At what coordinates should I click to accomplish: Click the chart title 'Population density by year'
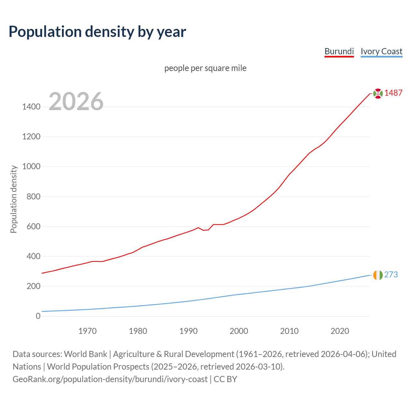[x=97, y=31]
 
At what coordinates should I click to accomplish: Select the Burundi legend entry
[x=339, y=51]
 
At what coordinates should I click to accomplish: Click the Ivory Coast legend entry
[x=381, y=51]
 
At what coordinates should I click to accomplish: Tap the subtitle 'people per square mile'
[x=205, y=68]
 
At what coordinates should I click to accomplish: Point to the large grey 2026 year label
[x=76, y=101]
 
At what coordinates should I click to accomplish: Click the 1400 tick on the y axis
[x=31, y=107]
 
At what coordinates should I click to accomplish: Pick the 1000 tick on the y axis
[x=31, y=166]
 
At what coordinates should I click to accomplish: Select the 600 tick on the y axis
[x=33, y=226]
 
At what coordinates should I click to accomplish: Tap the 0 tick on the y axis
[x=38, y=316]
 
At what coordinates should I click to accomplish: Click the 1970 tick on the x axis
[x=88, y=331]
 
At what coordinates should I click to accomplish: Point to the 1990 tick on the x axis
[x=188, y=331]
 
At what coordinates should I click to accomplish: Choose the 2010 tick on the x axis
[x=289, y=331]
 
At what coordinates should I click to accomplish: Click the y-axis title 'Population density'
[x=13, y=199]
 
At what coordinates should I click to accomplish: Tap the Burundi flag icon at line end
[x=378, y=93]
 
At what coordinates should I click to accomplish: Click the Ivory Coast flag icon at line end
[x=378, y=275]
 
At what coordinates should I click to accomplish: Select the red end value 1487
[x=393, y=93]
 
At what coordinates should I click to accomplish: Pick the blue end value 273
[x=391, y=275]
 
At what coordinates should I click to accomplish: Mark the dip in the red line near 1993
[x=204, y=230]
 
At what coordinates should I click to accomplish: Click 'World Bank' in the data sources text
[x=85, y=354]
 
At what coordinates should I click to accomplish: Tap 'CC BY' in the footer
[x=225, y=379]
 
